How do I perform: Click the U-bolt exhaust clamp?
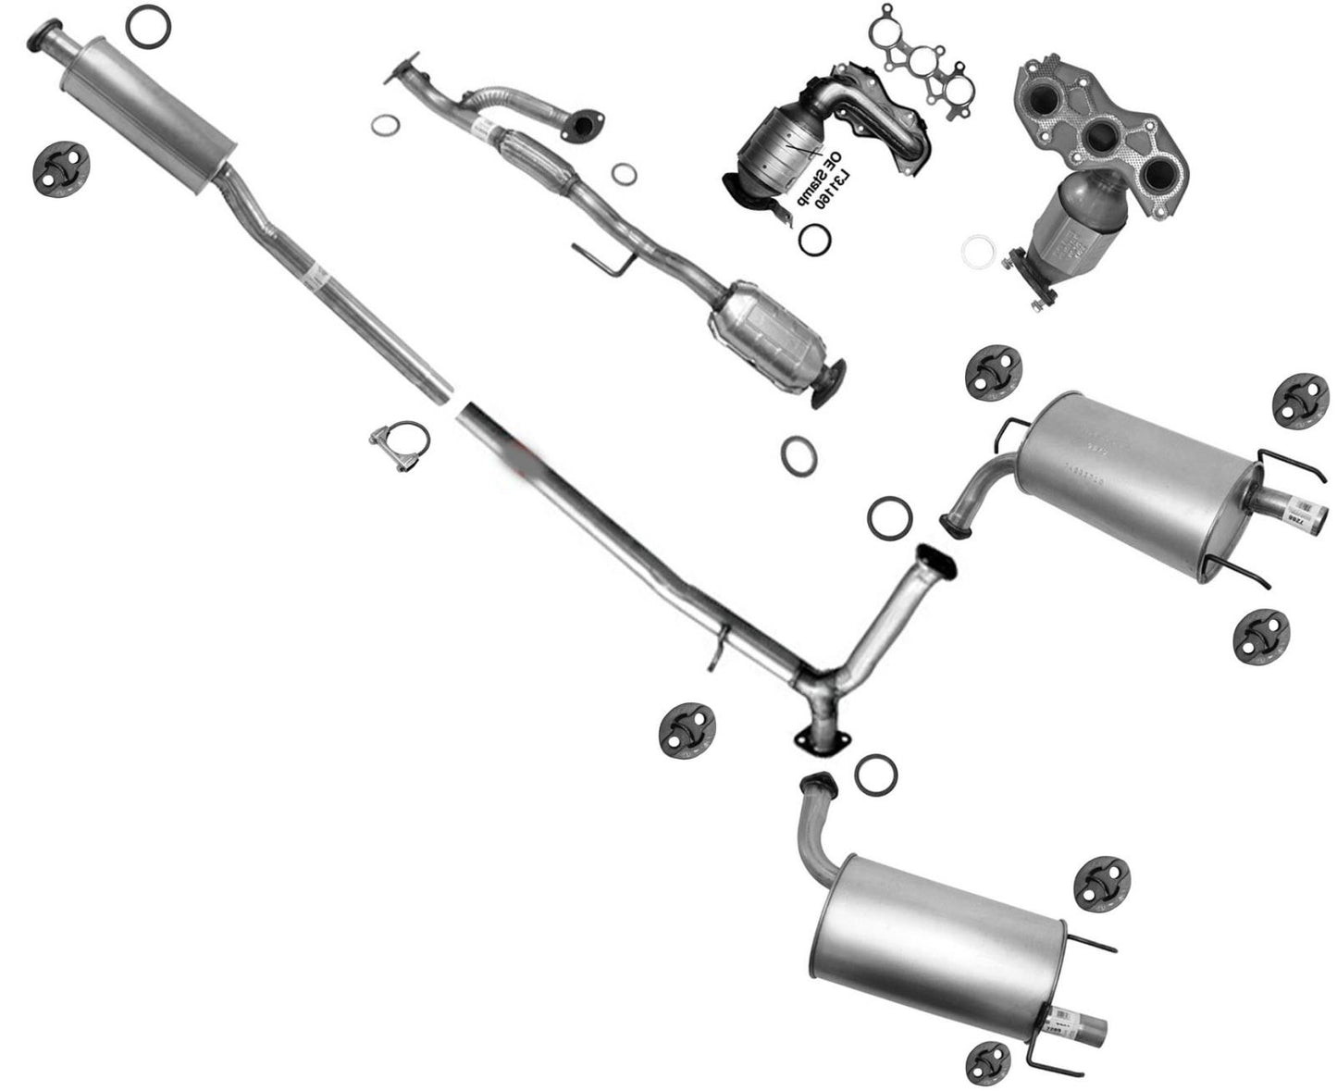(x=400, y=446)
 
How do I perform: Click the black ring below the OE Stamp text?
(x=813, y=239)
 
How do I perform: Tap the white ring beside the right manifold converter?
(x=975, y=251)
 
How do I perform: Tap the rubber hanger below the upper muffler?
(x=1259, y=636)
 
